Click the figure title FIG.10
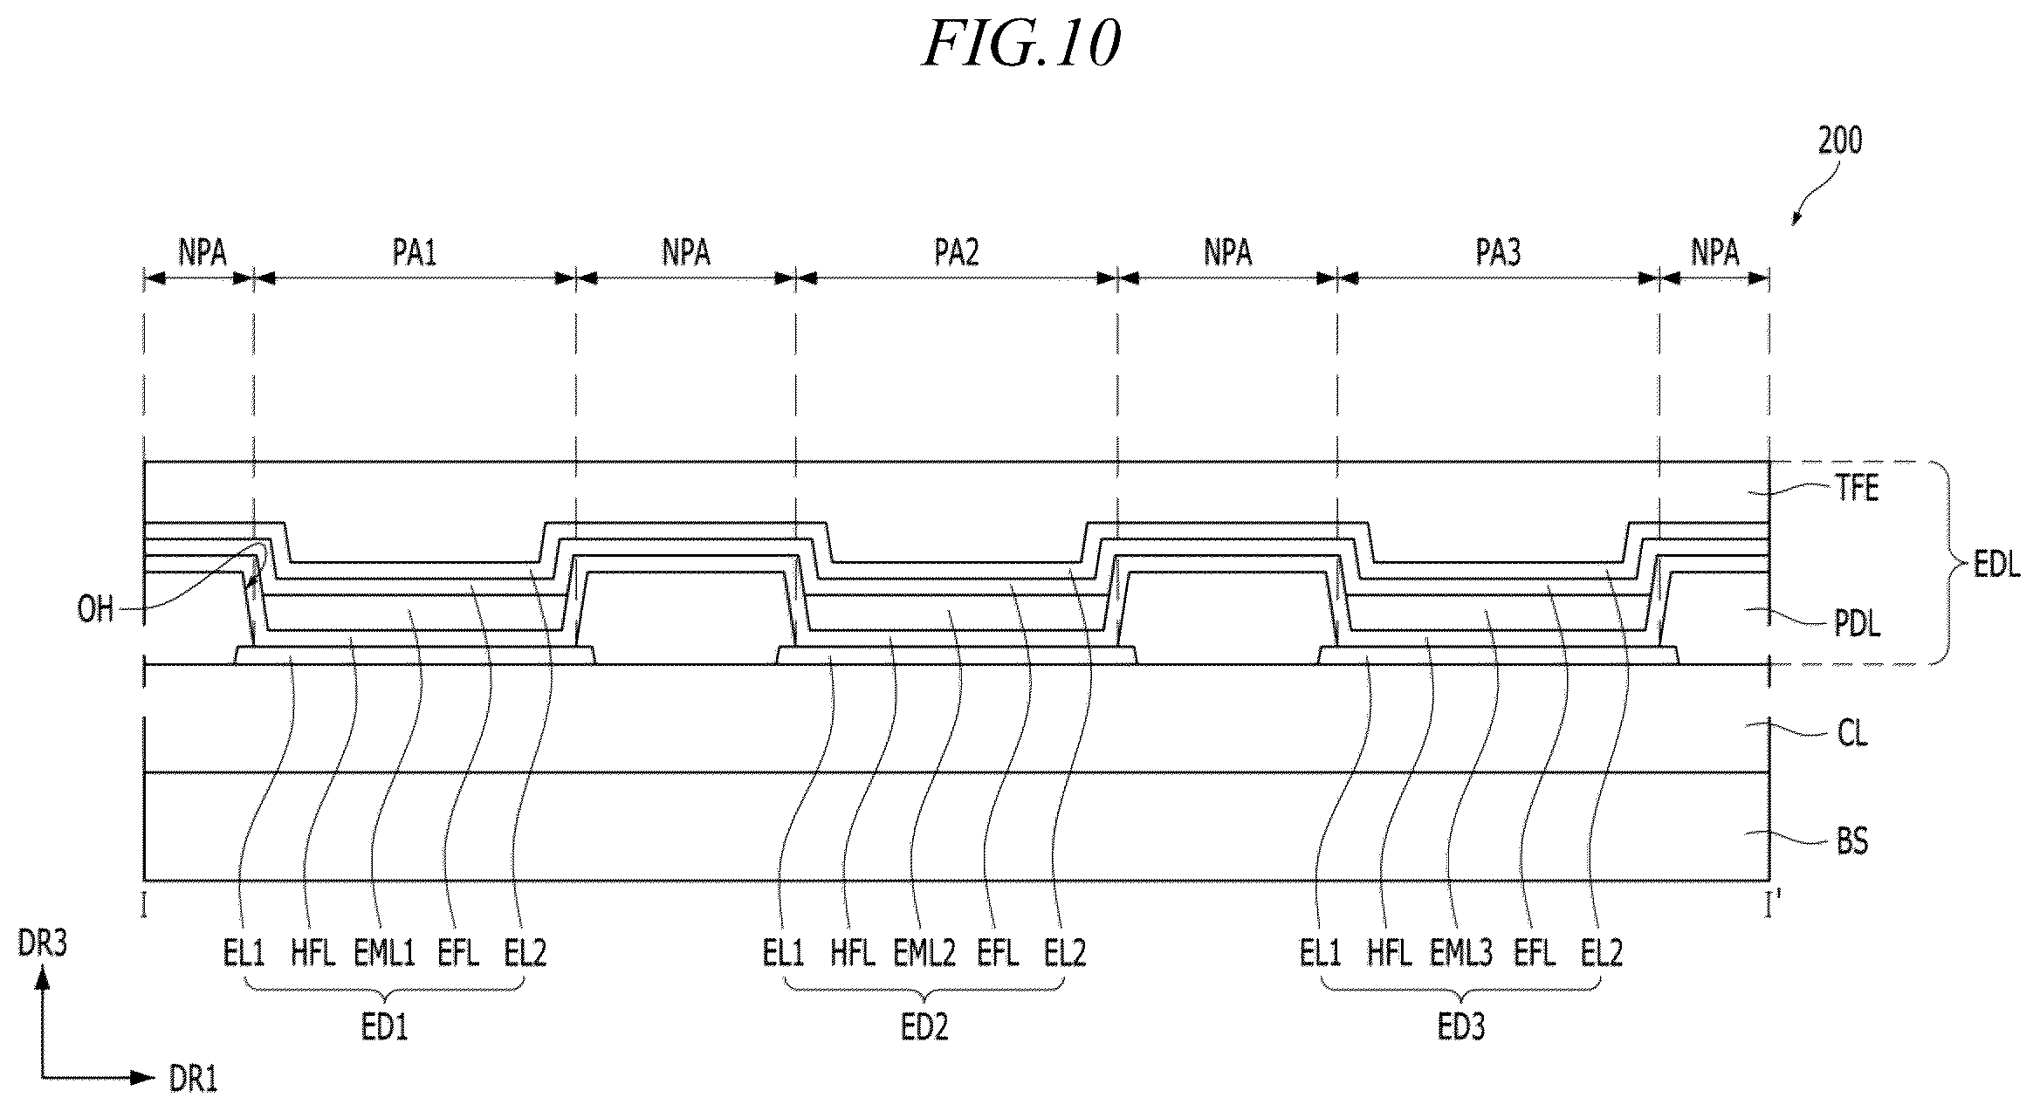pyautogui.click(x=1021, y=44)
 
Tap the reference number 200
pyautogui.click(x=1840, y=140)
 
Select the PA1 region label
pyautogui.click(x=414, y=252)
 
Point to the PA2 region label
pyautogui.click(x=957, y=252)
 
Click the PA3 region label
pyautogui.click(x=1499, y=252)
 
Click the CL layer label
pyautogui.click(x=1852, y=734)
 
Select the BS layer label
pyautogui.click(x=1852, y=842)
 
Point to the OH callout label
pyautogui.click(x=96, y=608)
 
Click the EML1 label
pyautogui.click(x=384, y=952)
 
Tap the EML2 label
pyautogui.click(x=924, y=952)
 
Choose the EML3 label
pyautogui.click(x=1461, y=952)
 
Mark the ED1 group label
pyautogui.click(x=385, y=1027)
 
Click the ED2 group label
pyautogui.click(x=924, y=1027)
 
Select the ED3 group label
pyautogui.click(x=1461, y=1027)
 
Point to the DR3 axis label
pyautogui.click(x=42, y=943)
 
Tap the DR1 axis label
pyautogui.click(x=193, y=1080)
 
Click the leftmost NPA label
pyautogui.click(x=203, y=252)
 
